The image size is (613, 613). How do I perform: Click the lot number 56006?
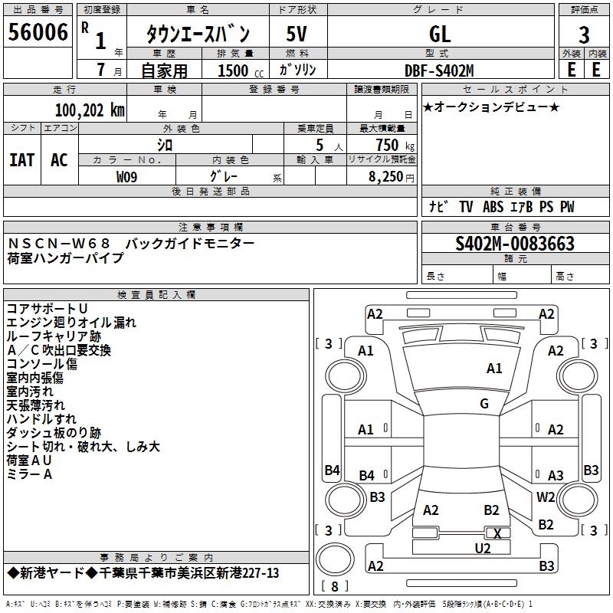click(x=38, y=31)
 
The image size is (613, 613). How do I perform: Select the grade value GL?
click(x=440, y=34)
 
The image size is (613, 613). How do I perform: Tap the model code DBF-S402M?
click(x=439, y=70)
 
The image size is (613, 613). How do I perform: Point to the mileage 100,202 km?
click(x=90, y=110)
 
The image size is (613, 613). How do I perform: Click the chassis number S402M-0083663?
click(x=515, y=244)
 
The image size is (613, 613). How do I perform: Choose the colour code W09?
click(x=126, y=177)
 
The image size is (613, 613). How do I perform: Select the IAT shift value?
click(x=22, y=160)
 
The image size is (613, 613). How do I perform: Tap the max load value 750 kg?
click(x=395, y=145)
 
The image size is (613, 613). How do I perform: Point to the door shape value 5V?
click(x=297, y=34)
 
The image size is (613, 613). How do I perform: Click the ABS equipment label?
click(x=493, y=207)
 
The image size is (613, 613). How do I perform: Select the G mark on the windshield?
click(x=484, y=404)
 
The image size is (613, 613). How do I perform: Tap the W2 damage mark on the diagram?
click(x=546, y=497)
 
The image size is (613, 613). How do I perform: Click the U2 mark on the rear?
click(x=483, y=549)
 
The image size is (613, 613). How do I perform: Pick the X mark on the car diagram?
click(x=497, y=533)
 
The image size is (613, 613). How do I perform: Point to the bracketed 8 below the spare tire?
click(x=335, y=586)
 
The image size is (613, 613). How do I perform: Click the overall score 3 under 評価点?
click(x=584, y=34)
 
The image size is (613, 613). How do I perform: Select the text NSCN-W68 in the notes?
click(x=59, y=244)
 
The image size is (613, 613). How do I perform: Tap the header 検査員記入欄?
click(x=156, y=295)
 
